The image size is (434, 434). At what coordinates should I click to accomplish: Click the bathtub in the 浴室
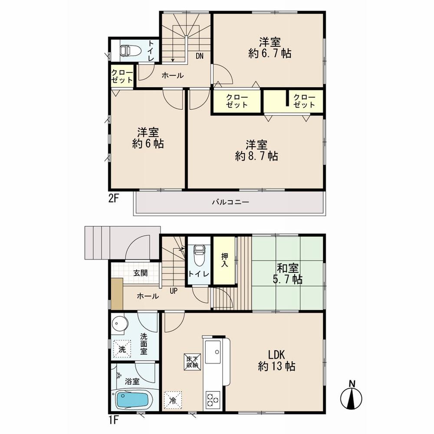(133, 399)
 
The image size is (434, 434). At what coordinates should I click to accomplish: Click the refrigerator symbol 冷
(173, 400)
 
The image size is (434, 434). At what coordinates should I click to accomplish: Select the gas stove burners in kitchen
(213, 398)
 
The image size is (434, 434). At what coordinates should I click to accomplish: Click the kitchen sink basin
(213, 350)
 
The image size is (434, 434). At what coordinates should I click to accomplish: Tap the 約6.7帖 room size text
(270, 54)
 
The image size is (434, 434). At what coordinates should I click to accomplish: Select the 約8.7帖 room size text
(256, 156)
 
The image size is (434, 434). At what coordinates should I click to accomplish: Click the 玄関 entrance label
(140, 273)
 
